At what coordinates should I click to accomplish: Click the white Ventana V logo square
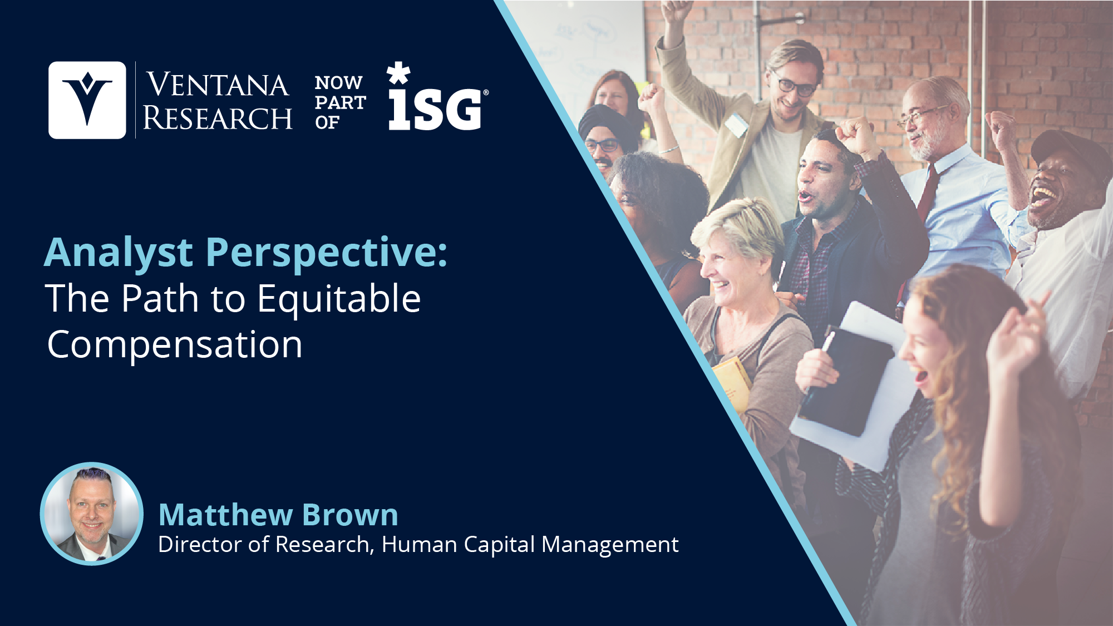coord(87,100)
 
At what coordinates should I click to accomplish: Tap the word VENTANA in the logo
coord(218,85)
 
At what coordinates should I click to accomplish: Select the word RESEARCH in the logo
coord(218,118)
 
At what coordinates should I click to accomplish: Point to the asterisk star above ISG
coord(398,73)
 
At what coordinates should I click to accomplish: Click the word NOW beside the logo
coord(338,83)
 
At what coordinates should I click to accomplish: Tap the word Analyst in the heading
coord(119,253)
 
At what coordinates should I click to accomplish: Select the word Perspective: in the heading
coord(327,253)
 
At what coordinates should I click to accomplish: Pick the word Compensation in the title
coord(175,345)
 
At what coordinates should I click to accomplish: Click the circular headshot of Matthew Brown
coord(92,514)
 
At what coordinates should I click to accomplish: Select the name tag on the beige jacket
coord(737,124)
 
